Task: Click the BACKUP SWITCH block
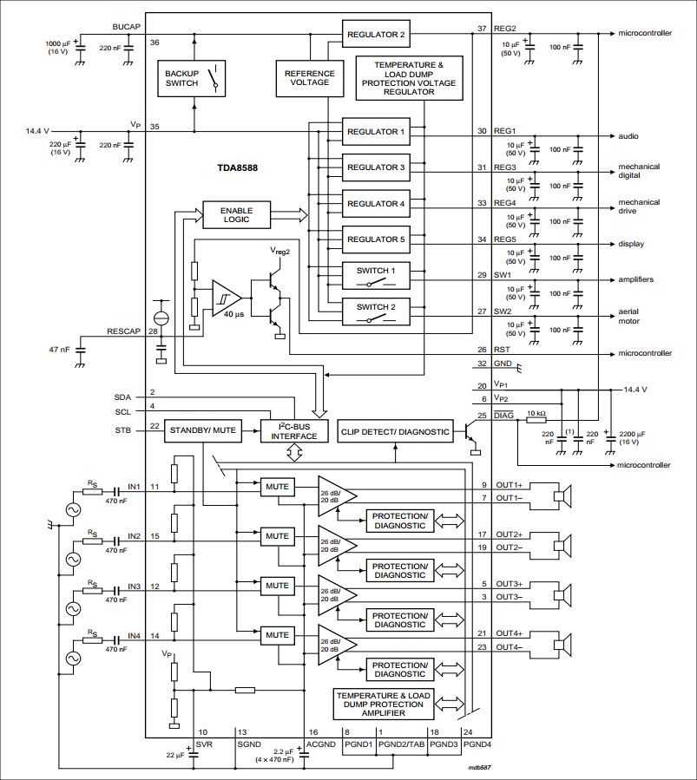tap(192, 78)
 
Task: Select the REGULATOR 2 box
tap(376, 35)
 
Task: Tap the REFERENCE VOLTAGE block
tap(310, 78)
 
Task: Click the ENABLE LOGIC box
tap(236, 215)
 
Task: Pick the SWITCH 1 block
tap(376, 276)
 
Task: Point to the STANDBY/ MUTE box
tap(202, 430)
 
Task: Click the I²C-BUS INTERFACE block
tap(294, 431)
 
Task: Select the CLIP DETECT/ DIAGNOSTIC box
tap(396, 432)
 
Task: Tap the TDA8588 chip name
tap(237, 167)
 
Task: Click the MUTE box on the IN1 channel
tap(277, 487)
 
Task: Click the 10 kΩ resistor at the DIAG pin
tap(536, 420)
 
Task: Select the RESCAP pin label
tap(123, 331)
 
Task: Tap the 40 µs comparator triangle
tap(227, 298)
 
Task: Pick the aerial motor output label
tap(628, 316)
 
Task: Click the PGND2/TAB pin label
tap(402, 744)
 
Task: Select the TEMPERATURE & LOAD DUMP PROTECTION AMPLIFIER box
tap(383, 704)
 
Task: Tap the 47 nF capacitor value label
tap(59, 350)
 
